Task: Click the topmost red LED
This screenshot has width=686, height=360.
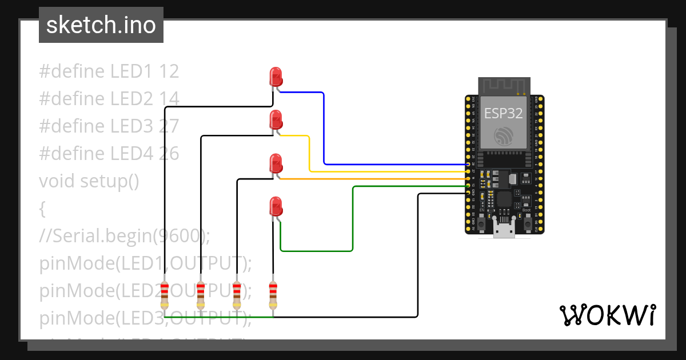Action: pyautogui.click(x=276, y=77)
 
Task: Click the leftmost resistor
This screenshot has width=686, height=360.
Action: pyautogui.click(x=165, y=295)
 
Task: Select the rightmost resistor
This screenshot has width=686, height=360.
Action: pyautogui.click(x=273, y=295)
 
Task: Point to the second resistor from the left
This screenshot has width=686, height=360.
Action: pyautogui.click(x=201, y=295)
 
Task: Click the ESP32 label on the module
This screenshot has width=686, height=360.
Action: pyautogui.click(x=503, y=113)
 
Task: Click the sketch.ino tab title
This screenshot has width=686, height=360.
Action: pyautogui.click(x=101, y=25)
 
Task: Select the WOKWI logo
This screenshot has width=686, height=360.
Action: pyautogui.click(x=607, y=315)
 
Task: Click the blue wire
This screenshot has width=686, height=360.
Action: pyautogui.click(x=324, y=131)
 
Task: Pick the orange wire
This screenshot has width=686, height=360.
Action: pyautogui.click(x=372, y=179)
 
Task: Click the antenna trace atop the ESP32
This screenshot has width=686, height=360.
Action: pyautogui.click(x=504, y=86)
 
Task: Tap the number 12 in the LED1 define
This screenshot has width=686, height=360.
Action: pyautogui.click(x=169, y=71)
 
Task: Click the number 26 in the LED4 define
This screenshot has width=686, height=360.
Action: pyautogui.click(x=169, y=153)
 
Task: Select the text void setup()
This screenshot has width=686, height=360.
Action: pyautogui.click(x=89, y=181)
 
